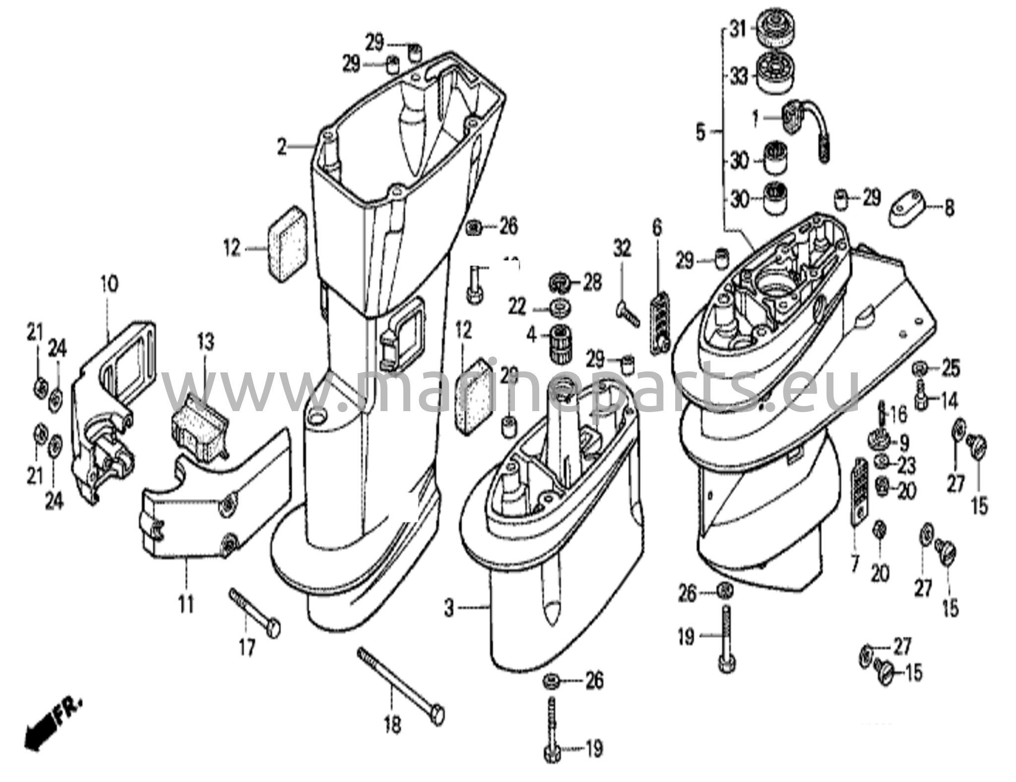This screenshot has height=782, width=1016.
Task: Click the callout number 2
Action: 281,147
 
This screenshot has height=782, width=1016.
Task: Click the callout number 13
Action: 205,342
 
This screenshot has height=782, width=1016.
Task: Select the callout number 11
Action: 187,605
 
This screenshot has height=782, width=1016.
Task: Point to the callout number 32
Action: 622,247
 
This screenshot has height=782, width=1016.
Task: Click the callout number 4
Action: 532,337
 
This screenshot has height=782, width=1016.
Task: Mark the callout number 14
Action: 949,401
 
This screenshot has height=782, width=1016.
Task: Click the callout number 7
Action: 854,564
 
